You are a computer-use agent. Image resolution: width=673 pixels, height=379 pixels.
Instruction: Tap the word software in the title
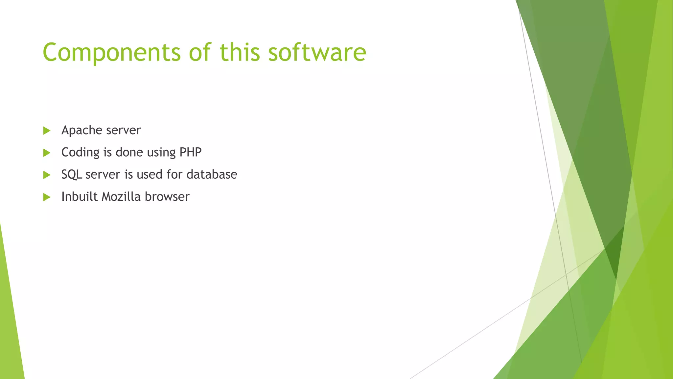[x=317, y=53]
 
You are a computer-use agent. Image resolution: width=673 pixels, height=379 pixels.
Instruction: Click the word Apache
[x=82, y=130]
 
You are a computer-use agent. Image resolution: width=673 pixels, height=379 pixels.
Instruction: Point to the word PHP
[x=191, y=152]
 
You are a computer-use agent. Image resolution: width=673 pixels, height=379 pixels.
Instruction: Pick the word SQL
[x=72, y=174]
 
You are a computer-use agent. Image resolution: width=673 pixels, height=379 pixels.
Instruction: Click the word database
[x=212, y=174]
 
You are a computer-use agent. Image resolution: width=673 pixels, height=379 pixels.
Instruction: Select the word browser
[x=167, y=197]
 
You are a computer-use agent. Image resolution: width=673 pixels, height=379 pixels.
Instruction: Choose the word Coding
[x=81, y=152]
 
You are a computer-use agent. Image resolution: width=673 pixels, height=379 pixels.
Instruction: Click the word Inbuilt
[x=80, y=197]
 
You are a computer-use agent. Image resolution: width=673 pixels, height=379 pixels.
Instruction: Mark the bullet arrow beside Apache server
[x=47, y=131]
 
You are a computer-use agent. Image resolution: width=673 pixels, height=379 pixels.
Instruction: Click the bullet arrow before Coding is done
[x=47, y=153]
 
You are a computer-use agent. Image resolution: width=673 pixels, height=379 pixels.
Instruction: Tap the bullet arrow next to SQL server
[x=47, y=175]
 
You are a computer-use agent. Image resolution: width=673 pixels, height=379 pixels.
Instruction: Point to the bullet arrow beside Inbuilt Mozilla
[x=47, y=197]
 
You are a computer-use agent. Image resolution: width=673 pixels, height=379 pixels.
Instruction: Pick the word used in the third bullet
[x=150, y=174]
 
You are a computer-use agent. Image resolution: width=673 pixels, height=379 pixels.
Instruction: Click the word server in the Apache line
[x=124, y=131]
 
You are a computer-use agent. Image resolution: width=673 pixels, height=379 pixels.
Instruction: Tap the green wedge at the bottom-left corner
[x=10, y=329]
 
